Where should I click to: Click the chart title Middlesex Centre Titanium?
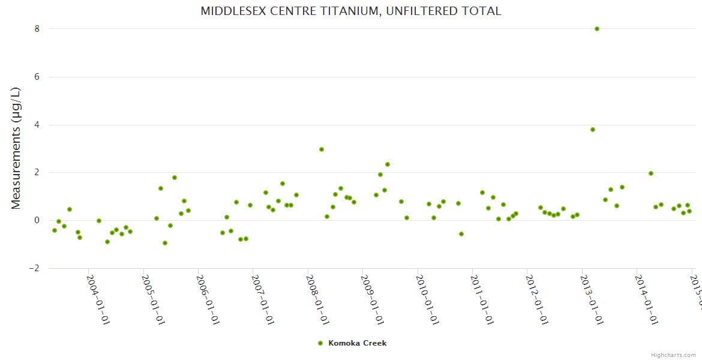[x=350, y=11]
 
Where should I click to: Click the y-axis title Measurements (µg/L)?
[x=16, y=148]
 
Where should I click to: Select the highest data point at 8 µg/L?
[x=596, y=29]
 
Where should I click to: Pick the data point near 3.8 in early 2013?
[x=593, y=130]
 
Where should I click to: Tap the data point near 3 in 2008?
[x=322, y=149]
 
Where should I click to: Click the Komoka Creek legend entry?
[x=357, y=343]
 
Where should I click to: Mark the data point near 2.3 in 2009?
[x=388, y=164]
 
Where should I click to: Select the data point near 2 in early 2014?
[x=650, y=173]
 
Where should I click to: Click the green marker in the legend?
[x=320, y=343]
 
